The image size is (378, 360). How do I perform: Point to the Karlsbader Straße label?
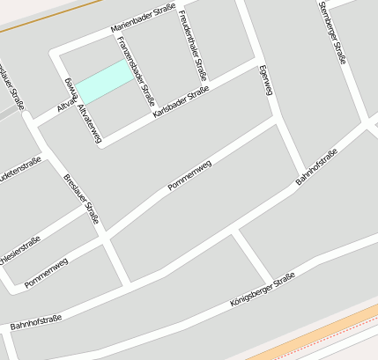coord(181,102)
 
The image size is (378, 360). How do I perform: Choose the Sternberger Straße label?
coord(330,33)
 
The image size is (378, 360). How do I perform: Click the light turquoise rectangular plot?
coord(105,81)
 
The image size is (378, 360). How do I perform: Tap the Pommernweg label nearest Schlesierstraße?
coord(47,273)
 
